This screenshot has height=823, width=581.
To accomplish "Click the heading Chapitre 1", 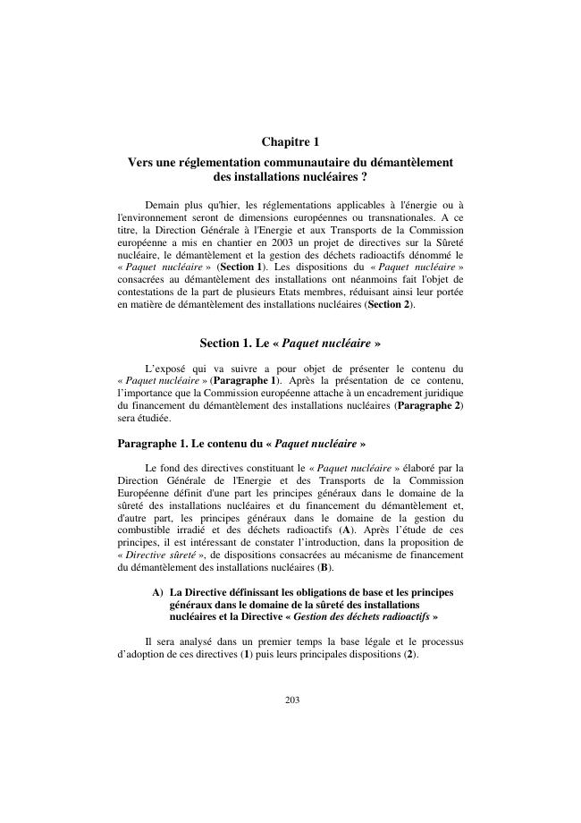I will coord(290,142).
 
